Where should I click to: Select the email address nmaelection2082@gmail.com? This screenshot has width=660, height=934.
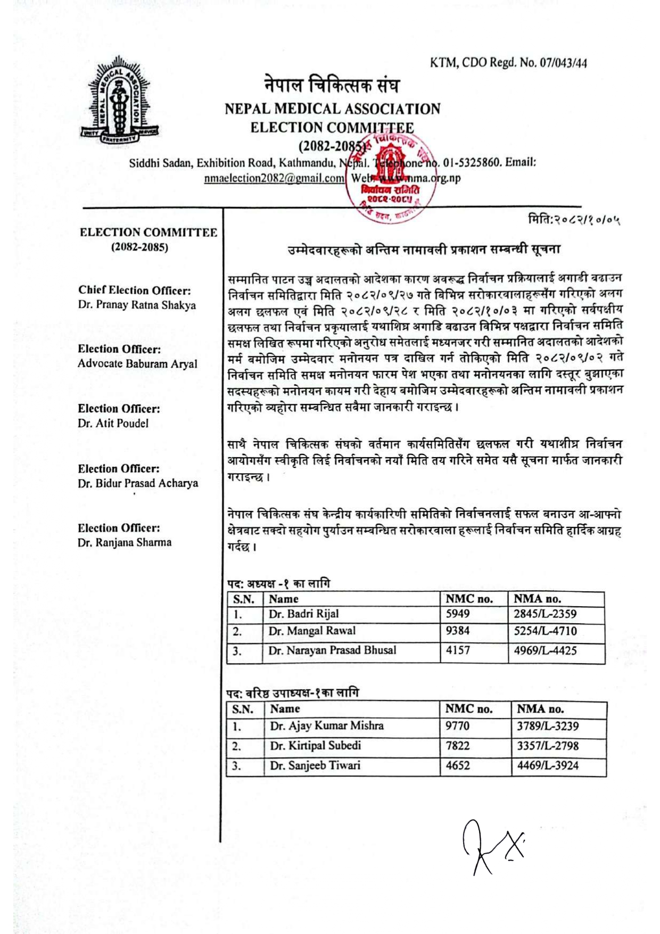pos(274,179)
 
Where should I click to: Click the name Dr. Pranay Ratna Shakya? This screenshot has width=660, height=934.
pos(137,305)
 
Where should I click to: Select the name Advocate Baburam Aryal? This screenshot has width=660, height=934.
pos(137,364)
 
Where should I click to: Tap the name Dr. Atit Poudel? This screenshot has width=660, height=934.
pos(113,424)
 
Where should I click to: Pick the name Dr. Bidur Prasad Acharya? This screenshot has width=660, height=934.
pos(138,483)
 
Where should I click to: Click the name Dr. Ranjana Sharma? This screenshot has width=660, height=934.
pos(125,543)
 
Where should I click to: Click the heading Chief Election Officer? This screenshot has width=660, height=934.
pos(134,291)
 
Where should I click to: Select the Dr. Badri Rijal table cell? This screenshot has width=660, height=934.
pos(303,614)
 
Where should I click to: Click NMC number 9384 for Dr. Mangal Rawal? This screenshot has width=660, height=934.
pos(458,631)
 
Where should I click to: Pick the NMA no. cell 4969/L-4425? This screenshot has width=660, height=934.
pos(545,650)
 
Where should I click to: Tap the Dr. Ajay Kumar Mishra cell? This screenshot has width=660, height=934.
pos(326,726)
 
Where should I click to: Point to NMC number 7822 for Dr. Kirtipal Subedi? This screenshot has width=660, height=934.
pos(458,746)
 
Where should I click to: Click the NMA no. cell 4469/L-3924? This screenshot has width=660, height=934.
pos(548,766)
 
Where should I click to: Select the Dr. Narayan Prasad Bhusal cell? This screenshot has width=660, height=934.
pos(332,650)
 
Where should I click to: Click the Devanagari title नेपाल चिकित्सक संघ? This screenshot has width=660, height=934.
pos(332,85)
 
